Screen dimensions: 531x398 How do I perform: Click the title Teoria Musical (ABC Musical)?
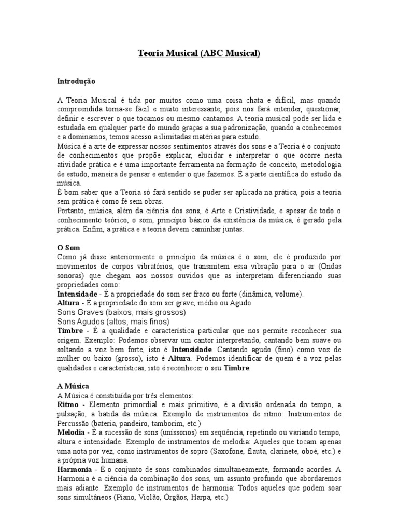198,53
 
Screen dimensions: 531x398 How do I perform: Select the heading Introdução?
76,81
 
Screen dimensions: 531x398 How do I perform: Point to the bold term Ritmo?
67,404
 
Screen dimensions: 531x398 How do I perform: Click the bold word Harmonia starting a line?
74,469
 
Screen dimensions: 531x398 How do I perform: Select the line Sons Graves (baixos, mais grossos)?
121,313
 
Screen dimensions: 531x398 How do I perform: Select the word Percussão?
75,423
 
